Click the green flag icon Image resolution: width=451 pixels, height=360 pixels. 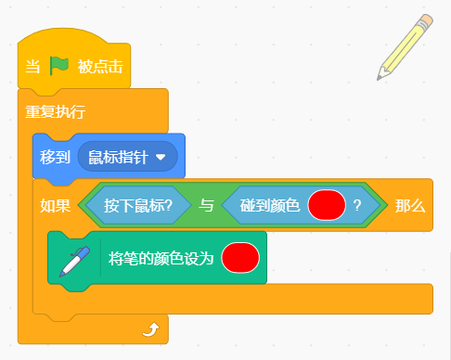coord(59,66)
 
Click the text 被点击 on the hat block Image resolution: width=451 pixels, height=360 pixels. coord(100,67)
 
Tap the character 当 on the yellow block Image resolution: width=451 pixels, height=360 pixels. coord(32,67)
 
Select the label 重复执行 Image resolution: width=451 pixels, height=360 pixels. coord(55,111)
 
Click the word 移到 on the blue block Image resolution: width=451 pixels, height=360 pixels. coord(55,157)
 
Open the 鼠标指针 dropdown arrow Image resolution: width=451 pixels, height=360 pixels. coord(161,158)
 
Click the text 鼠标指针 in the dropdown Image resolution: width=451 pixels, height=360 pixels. coord(118,157)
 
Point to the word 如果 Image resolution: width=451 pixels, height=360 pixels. coord(55,206)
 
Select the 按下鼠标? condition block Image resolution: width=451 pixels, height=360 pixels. coord(138,205)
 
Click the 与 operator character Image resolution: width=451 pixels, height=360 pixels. coord(206,205)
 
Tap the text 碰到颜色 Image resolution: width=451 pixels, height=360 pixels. coord(270,205)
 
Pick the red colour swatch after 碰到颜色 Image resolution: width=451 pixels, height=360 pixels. coord(327,205)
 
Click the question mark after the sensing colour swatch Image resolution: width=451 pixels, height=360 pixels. coord(357,205)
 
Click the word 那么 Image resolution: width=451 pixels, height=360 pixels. coord(410,206)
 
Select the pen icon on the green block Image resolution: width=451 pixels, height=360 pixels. coord(74,262)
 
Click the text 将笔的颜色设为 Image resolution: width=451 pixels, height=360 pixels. coord(161,258)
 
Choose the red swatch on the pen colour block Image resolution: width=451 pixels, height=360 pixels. coord(240,258)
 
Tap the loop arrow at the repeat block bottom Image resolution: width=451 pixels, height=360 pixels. coord(151,329)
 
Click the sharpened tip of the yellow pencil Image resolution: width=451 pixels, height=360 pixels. coord(379,79)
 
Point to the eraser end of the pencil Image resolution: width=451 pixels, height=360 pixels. coord(427,19)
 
